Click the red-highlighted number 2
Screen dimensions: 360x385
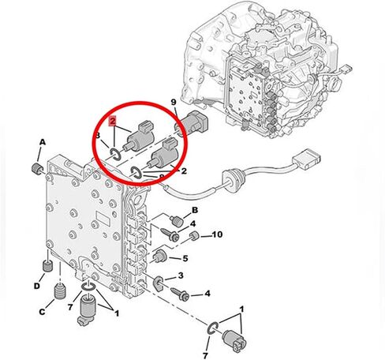[114, 121]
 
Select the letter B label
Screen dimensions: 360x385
[195, 209]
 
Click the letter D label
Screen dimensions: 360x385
[37, 285]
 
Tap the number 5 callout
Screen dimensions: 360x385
[185, 258]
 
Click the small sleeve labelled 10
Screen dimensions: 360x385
[193, 235]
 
